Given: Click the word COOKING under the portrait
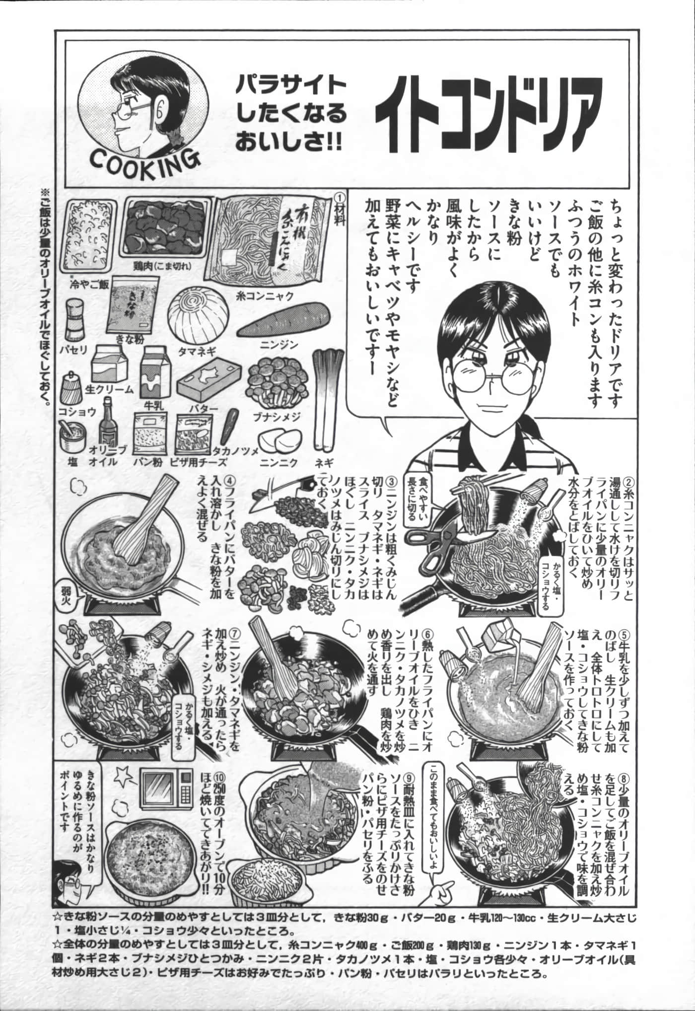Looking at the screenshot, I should (x=144, y=158).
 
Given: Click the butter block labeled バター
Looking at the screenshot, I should (x=209, y=384).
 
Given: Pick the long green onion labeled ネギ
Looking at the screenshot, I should (x=322, y=397).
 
